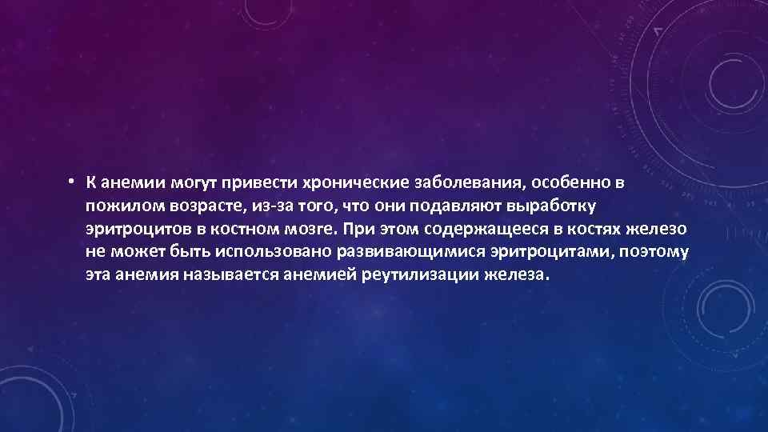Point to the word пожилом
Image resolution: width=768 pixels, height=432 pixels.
tap(124, 206)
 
